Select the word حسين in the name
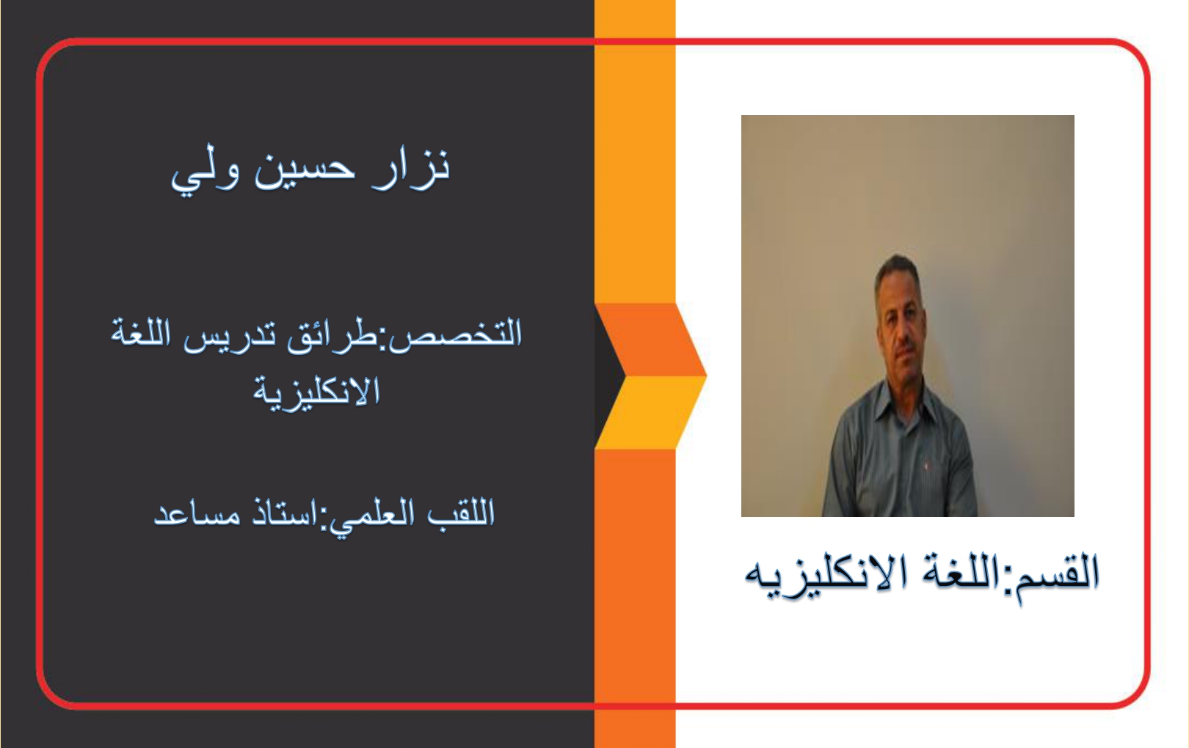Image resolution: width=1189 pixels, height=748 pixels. [x=304, y=169]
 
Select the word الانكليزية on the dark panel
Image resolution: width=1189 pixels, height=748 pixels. [x=316, y=393]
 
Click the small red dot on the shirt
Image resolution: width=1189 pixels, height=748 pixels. [x=927, y=465]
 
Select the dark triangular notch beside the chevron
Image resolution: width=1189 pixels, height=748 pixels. [x=608, y=377]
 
